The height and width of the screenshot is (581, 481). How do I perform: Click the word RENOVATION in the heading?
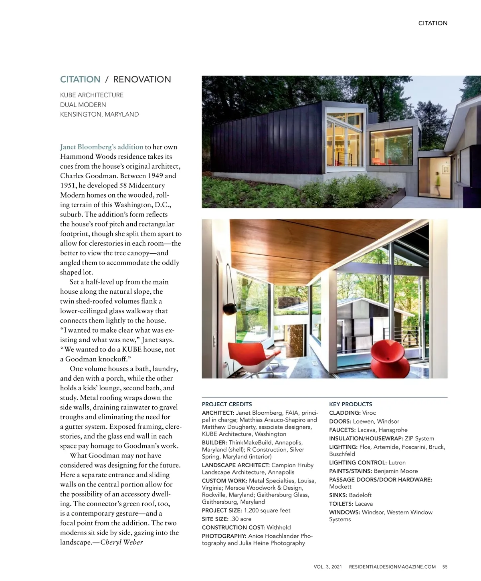point(142,79)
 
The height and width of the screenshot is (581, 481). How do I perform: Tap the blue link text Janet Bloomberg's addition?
point(102,147)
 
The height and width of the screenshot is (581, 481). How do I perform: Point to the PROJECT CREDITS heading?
point(227,404)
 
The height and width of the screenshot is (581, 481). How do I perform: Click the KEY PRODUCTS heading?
point(350,404)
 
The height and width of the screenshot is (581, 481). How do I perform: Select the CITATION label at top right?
point(433,23)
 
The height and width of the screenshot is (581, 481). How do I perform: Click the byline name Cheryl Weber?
point(121,543)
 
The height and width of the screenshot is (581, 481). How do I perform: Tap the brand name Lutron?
point(397,462)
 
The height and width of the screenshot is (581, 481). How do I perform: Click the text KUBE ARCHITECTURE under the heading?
point(92,95)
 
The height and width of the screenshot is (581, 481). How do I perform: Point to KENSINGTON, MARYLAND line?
point(99,114)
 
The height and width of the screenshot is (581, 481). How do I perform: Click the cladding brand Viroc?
point(369,413)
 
